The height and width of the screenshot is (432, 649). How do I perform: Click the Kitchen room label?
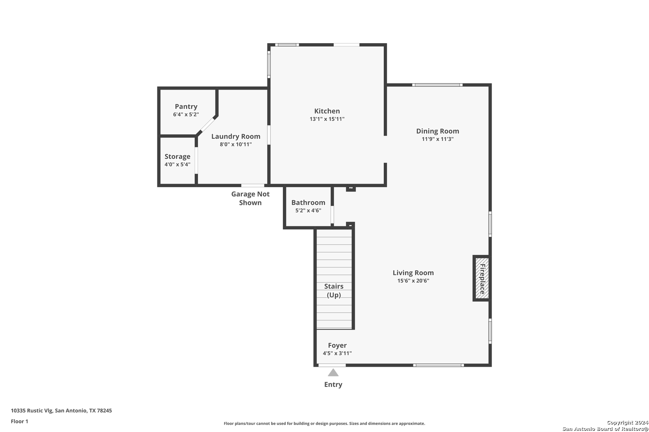327,111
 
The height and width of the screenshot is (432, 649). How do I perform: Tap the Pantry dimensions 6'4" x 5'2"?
186,114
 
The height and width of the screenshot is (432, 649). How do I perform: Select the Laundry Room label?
236,136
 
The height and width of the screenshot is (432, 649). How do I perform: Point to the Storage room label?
177,156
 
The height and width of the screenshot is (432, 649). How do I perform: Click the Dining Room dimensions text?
437,139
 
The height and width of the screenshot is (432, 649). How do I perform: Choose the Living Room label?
413,272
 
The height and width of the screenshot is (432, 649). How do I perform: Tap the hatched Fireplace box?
482,278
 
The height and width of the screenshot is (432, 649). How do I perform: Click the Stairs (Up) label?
334,290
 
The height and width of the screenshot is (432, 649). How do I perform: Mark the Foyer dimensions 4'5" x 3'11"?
337,353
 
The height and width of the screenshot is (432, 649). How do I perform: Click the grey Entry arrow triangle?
333,373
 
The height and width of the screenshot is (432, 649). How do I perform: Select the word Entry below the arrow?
333,384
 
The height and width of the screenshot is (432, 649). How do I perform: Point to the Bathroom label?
308,202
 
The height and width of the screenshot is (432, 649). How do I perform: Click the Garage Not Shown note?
250,198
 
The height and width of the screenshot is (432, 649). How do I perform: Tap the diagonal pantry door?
207,125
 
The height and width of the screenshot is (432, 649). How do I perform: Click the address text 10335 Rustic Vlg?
32,410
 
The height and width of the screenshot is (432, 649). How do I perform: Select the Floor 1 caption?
19,421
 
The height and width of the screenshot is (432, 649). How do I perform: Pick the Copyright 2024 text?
627,422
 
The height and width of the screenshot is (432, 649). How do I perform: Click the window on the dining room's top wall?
437,85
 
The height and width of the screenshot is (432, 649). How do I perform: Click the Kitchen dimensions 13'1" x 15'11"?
327,119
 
